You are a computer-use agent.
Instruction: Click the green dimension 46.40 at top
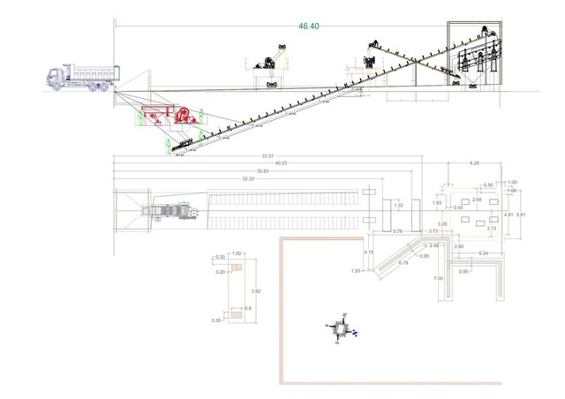click(309, 26)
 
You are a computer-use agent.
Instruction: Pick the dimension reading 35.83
click(262, 170)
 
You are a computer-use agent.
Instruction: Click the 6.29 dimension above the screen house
click(474, 163)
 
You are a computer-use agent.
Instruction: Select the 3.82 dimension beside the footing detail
click(255, 290)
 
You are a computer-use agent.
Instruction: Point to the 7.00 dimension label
click(438, 278)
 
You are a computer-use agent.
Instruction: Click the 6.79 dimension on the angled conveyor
click(403, 262)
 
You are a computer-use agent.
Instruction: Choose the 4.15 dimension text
click(368, 252)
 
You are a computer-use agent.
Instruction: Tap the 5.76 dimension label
click(397, 231)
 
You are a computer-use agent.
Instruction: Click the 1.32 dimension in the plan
click(398, 205)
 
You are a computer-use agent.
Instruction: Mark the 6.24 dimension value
click(484, 252)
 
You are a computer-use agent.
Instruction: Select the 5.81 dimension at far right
click(521, 215)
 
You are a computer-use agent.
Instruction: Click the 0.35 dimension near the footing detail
click(218, 320)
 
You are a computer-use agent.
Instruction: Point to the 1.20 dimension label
click(356, 270)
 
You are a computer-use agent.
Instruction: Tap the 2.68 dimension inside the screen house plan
click(477, 199)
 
